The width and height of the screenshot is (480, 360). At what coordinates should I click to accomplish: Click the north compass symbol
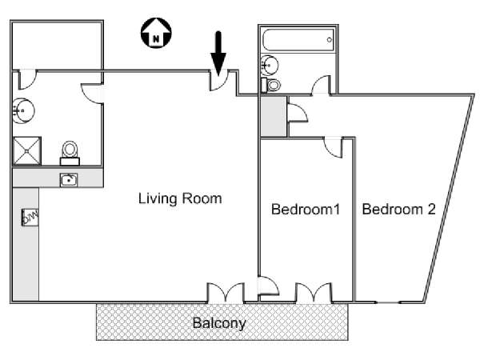(x=156, y=33)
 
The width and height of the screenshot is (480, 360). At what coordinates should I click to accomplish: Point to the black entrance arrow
(x=218, y=54)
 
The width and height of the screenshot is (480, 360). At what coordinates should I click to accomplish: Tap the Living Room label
(x=180, y=198)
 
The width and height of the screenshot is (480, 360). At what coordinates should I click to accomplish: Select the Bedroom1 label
(x=306, y=210)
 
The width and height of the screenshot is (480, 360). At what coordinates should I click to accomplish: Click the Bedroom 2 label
(x=398, y=210)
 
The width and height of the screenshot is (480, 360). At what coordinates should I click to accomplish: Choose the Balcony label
(x=219, y=323)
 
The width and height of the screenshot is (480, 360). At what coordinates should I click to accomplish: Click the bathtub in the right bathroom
(x=298, y=40)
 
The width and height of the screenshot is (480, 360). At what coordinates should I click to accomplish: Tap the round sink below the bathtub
(x=270, y=65)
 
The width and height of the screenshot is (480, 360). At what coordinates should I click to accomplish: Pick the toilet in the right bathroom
(x=271, y=85)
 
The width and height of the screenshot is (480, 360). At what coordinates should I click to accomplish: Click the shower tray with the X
(x=27, y=151)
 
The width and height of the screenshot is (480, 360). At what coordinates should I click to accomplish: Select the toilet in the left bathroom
(x=70, y=153)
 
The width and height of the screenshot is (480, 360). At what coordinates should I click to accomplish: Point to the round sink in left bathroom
(x=23, y=110)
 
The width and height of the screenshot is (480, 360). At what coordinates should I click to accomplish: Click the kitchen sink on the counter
(x=69, y=180)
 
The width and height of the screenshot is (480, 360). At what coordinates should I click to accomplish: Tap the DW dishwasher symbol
(x=30, y=218)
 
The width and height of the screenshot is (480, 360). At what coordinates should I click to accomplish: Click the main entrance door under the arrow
(x=219, y=80)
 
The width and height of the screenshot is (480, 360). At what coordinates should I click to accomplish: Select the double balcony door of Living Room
(x=226, y=293)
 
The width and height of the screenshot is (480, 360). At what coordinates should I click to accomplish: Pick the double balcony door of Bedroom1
(x=314, y=293)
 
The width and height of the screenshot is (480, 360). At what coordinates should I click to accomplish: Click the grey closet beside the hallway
(x=274, y=116)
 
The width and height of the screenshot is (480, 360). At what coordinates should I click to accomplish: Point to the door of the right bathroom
(x=321, y=85)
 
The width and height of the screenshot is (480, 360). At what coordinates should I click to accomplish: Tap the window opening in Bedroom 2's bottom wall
(x=388, y=302)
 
